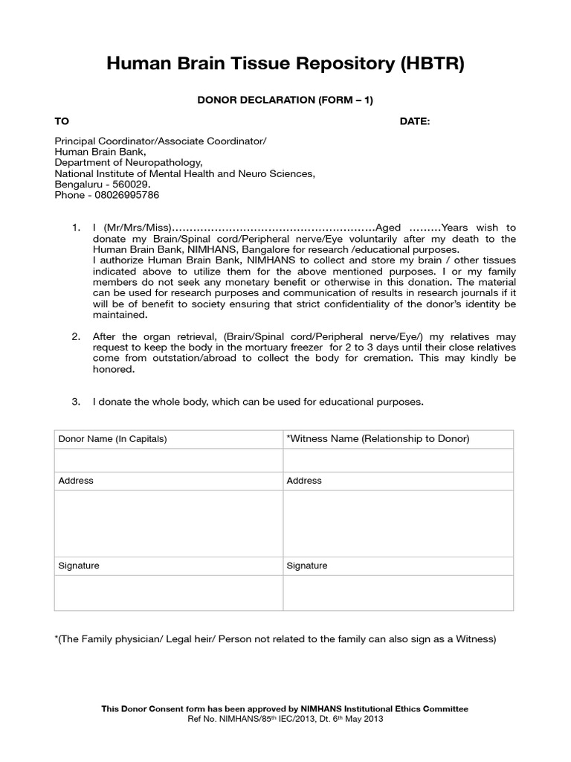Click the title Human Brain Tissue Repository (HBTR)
(285, 65)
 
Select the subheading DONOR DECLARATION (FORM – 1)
(285, 100)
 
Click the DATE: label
(415, 121)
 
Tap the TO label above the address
(62, 121)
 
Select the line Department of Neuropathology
(128, 163)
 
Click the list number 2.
(76, 337)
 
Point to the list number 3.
(76, 402)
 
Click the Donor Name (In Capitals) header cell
(112, 439)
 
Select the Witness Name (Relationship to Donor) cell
(378, 439)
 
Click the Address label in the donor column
(76, 481)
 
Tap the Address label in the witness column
(304, 481)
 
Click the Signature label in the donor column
(79, 566)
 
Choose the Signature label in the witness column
(307, 566)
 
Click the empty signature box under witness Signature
(398, 593)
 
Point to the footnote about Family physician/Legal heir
(275, 639)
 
